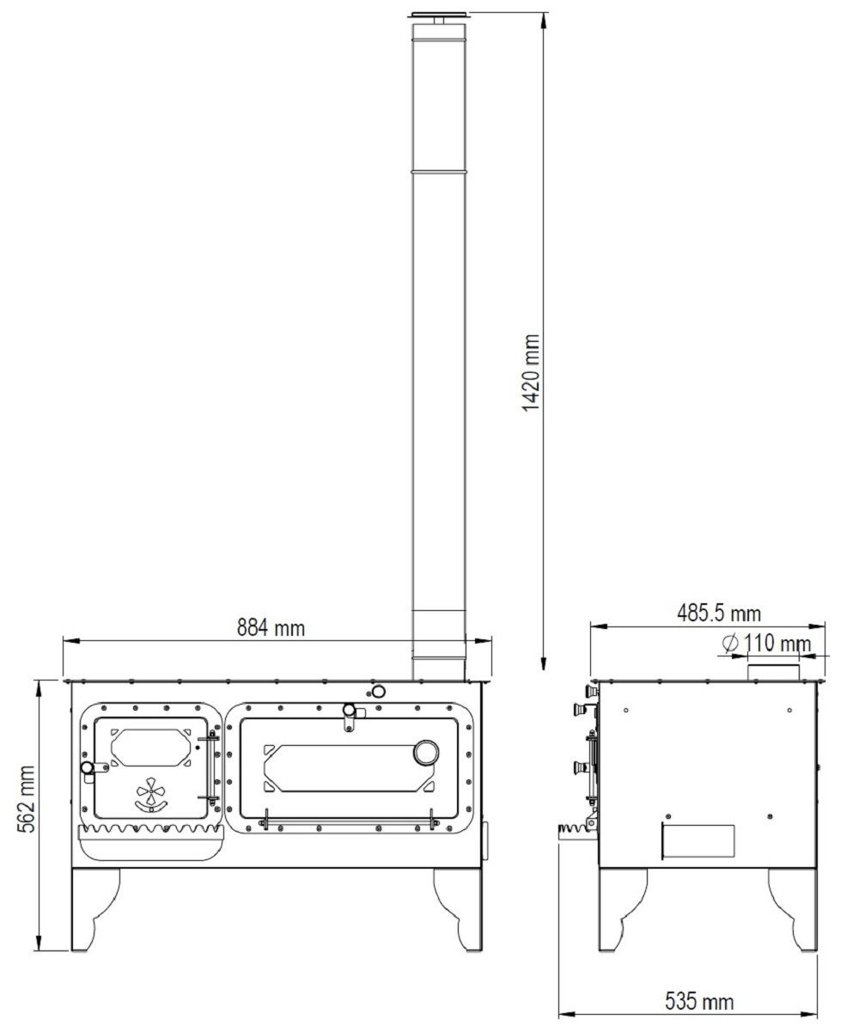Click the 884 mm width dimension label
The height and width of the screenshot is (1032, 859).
click(x=271, y=628)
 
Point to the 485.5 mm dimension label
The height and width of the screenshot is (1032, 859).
click(x=719, y=614)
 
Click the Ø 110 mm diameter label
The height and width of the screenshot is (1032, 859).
click(x=766, y=644)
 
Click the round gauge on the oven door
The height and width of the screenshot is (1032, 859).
click(x=425, y=753)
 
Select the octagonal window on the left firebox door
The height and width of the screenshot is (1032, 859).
click(x=150, y=748)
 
